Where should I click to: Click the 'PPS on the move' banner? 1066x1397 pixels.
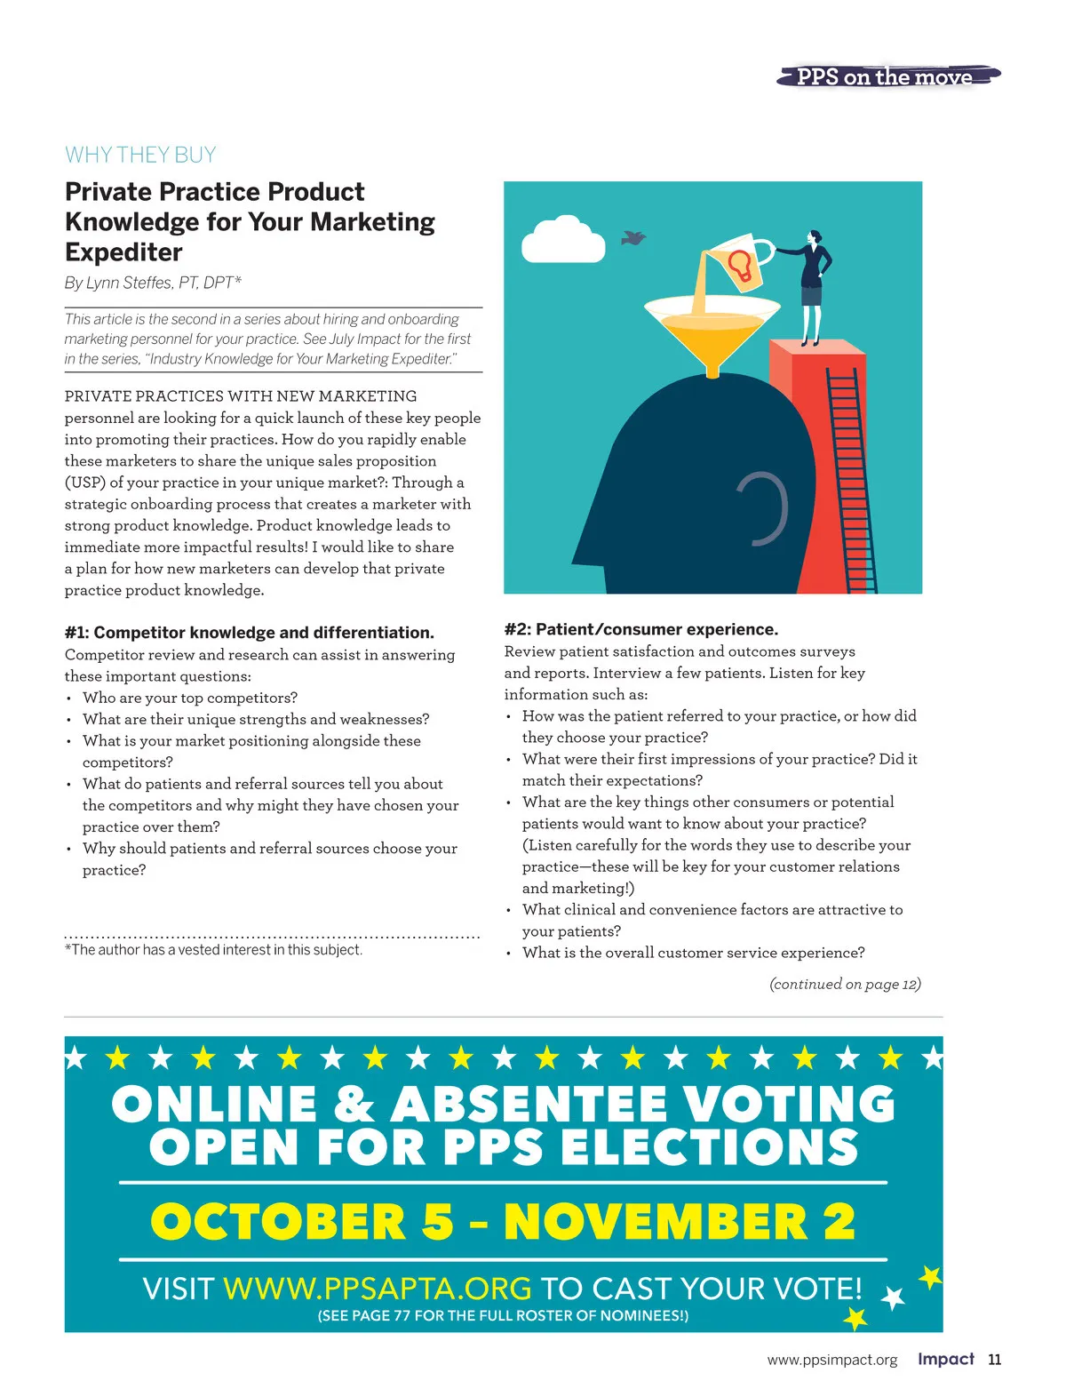(887, 76)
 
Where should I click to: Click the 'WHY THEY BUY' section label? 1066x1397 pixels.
(140, 155)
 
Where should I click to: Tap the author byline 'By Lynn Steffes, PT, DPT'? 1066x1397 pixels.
(153, 283)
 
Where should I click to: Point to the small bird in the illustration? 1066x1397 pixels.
(633, 238)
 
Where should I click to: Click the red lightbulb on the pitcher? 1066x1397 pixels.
(740, 265)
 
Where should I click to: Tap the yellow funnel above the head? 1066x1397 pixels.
(712, 333)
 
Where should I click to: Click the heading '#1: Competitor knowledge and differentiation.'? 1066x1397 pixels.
(250, 633)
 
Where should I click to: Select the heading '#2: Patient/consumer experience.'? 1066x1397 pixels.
(640, 629)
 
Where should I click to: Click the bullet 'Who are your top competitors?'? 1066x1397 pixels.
(190, 698)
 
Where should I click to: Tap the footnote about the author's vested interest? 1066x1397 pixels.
(213, 950)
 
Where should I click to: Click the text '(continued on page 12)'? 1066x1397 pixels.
(845, 984)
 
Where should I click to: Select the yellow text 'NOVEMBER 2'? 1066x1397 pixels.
(680, 1222)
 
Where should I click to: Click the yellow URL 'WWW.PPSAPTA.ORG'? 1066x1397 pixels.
(377, 1288)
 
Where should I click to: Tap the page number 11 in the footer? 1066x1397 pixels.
(994, 1360)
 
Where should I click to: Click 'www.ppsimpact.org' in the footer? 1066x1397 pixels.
(832, 1360)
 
